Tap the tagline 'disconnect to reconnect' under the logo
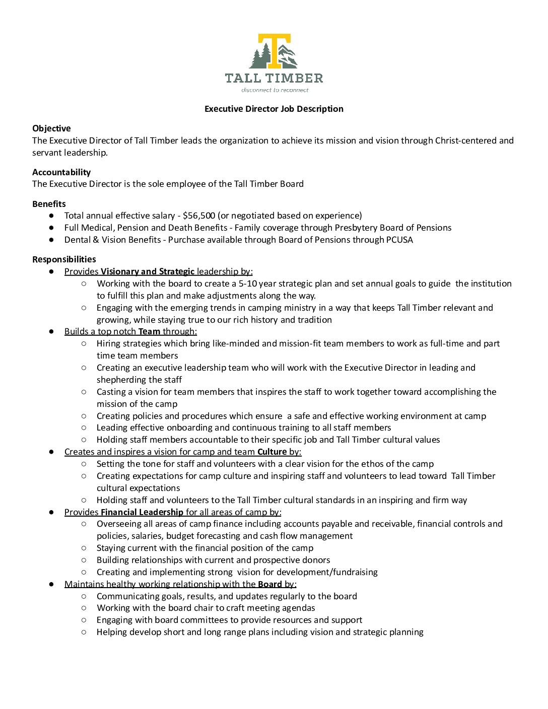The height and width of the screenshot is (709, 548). (x=275, y=90)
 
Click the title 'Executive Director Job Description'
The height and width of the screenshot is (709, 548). (x=274, y=109)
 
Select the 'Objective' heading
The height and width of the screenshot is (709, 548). (x=51, y=128)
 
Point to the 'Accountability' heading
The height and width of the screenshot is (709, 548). (x=61, y=172)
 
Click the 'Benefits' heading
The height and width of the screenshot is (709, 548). (x=49, y=204)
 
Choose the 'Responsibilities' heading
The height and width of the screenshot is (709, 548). (x=64, y=259)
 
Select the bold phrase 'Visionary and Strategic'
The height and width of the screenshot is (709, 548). (x=148, y=271)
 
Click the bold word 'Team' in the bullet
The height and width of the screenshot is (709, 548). (x=149, y=331)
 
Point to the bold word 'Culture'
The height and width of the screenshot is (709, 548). (x=272, y=452)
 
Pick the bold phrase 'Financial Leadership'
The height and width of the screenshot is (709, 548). (x=142, y=512)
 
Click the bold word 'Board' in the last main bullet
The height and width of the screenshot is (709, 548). (x=269, y=584)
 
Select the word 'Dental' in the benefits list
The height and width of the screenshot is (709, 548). (x=77, y=240)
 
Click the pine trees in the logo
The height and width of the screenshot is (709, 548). (x=260, y=56)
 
